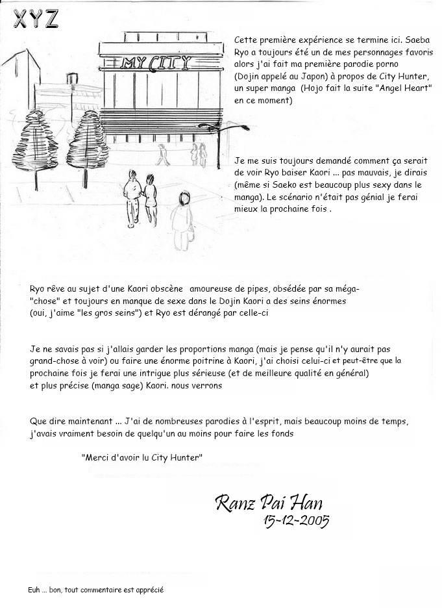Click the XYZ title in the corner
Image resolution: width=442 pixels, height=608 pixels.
coord(36,19)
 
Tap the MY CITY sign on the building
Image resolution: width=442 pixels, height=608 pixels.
coord(156,62)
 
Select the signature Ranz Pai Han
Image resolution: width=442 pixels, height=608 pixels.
coord(267,502)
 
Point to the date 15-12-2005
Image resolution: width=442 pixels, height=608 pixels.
coord(296,520)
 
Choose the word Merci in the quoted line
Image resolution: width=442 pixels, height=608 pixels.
coord(97,457)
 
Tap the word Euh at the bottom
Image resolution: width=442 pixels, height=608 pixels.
coord(36,590)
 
